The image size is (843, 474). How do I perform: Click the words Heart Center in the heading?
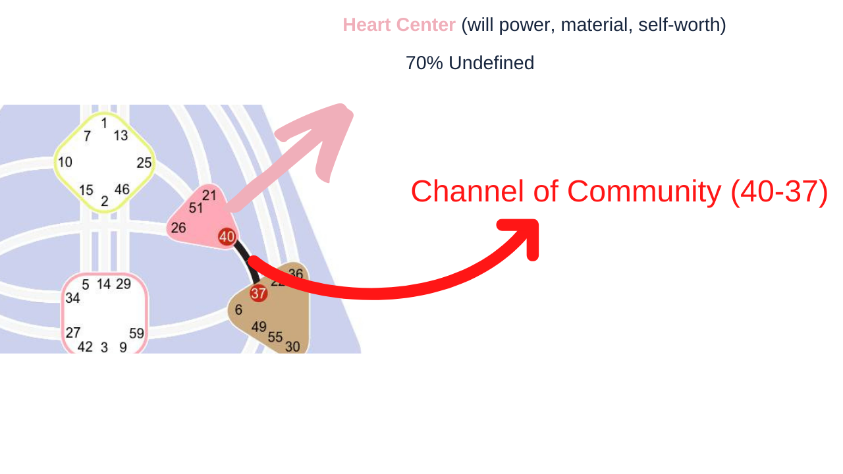tap(399, 25)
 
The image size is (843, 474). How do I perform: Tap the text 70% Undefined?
tap(470, 63)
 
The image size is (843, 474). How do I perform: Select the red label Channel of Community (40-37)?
tap(619, 192)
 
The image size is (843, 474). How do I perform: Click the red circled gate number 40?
tap(227, 236)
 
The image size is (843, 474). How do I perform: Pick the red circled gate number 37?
tap(259, 294)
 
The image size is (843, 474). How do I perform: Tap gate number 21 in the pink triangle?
tap(209, 196)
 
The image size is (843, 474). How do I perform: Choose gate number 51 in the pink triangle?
tap(196, 208)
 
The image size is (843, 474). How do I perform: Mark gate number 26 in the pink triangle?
tap(178, 228)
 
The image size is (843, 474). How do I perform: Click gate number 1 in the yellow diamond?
tap(104, 122)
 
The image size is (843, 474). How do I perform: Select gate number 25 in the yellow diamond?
tap(144, 163)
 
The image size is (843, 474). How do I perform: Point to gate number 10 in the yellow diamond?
tap(65, 162)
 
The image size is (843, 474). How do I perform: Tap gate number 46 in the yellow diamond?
tap(122, 190)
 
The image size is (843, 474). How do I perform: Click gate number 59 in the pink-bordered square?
tap(136, 333)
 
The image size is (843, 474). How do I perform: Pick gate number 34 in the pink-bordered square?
tap(72, 298)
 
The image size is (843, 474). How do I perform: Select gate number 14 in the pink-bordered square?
tap(104, 284)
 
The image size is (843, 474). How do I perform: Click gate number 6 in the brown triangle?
tap(238, 309)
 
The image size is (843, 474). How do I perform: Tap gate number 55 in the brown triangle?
tap(275, 337)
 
